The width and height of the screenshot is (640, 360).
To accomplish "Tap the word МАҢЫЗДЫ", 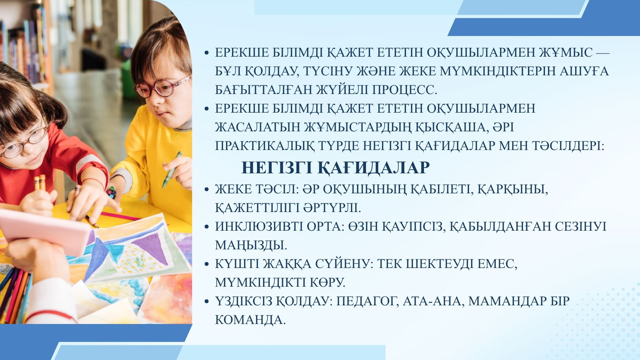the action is (x=251, y=245).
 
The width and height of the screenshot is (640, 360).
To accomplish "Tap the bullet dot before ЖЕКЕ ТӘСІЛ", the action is (x=207, y=190).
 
